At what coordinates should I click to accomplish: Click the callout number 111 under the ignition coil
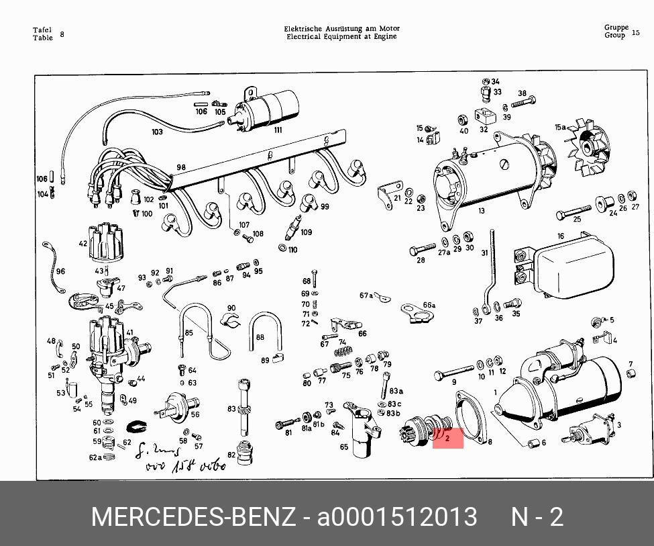coord(278,130)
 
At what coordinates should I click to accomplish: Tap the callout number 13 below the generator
coord(481,211)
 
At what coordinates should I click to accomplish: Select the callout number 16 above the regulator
coord(561,236)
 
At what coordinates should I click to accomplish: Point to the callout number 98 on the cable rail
coord(181,167)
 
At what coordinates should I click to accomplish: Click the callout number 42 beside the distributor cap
coord(83,244)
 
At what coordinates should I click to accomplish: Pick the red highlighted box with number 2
coord(448,438)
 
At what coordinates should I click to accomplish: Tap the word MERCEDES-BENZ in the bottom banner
coord(193,517)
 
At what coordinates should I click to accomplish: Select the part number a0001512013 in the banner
coord(397,517)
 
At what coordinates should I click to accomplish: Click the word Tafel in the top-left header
coord(43,30)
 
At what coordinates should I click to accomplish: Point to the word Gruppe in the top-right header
coord(616,28)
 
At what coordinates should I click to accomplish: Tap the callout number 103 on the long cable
coord(157,132)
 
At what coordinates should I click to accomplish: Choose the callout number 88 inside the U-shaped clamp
coord(260,338)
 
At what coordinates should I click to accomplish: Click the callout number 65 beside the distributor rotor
coord(344,447)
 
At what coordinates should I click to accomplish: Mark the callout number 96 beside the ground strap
coord(60,271)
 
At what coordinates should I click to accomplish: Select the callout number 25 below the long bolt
coord(577,220)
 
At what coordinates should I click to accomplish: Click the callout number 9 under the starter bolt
coord(453,382)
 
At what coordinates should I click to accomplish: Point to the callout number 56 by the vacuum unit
coord(195,414)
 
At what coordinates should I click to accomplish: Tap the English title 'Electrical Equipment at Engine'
coord(341,36)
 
